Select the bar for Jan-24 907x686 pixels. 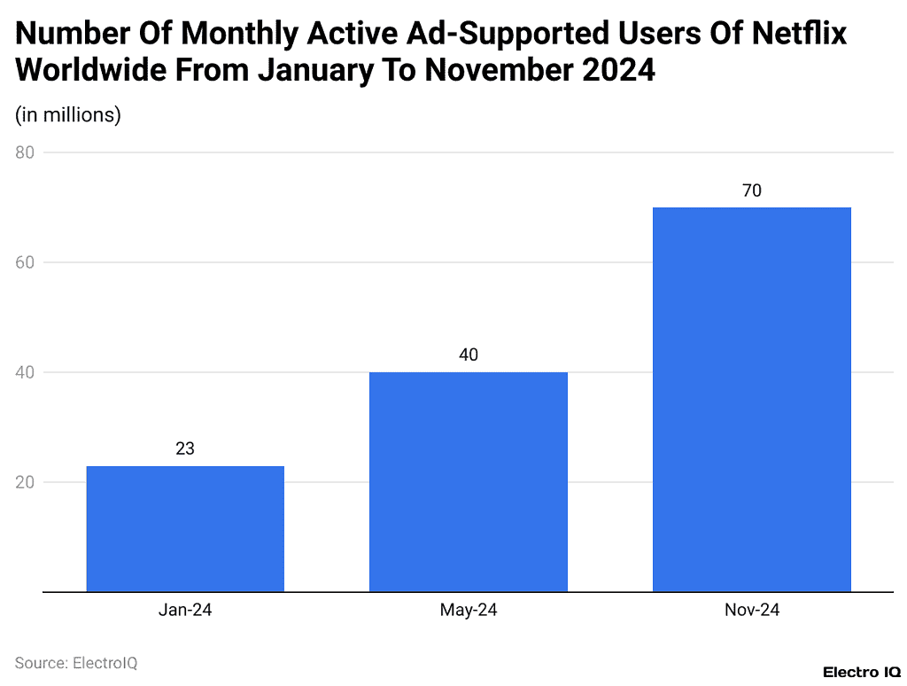tap(185, 528)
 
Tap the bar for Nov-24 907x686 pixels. tap(752, 399)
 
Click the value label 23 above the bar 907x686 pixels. tap(185, 448)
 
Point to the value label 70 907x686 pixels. tap(752, 190)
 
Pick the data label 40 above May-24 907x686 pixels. tap(469, 355)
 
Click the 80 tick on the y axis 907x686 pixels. tap(25, 152)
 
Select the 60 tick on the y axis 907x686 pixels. tap(25, 262)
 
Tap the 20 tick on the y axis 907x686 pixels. tap(25, 482)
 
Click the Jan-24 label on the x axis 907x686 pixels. tap(185, 611)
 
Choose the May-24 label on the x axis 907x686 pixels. tap(469, 611)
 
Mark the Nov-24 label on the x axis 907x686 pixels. tap(752, 611)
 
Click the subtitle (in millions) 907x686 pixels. tap(68, 114)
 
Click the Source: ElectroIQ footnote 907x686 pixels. tap(76, 662)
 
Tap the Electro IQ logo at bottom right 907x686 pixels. tap(862, 672)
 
